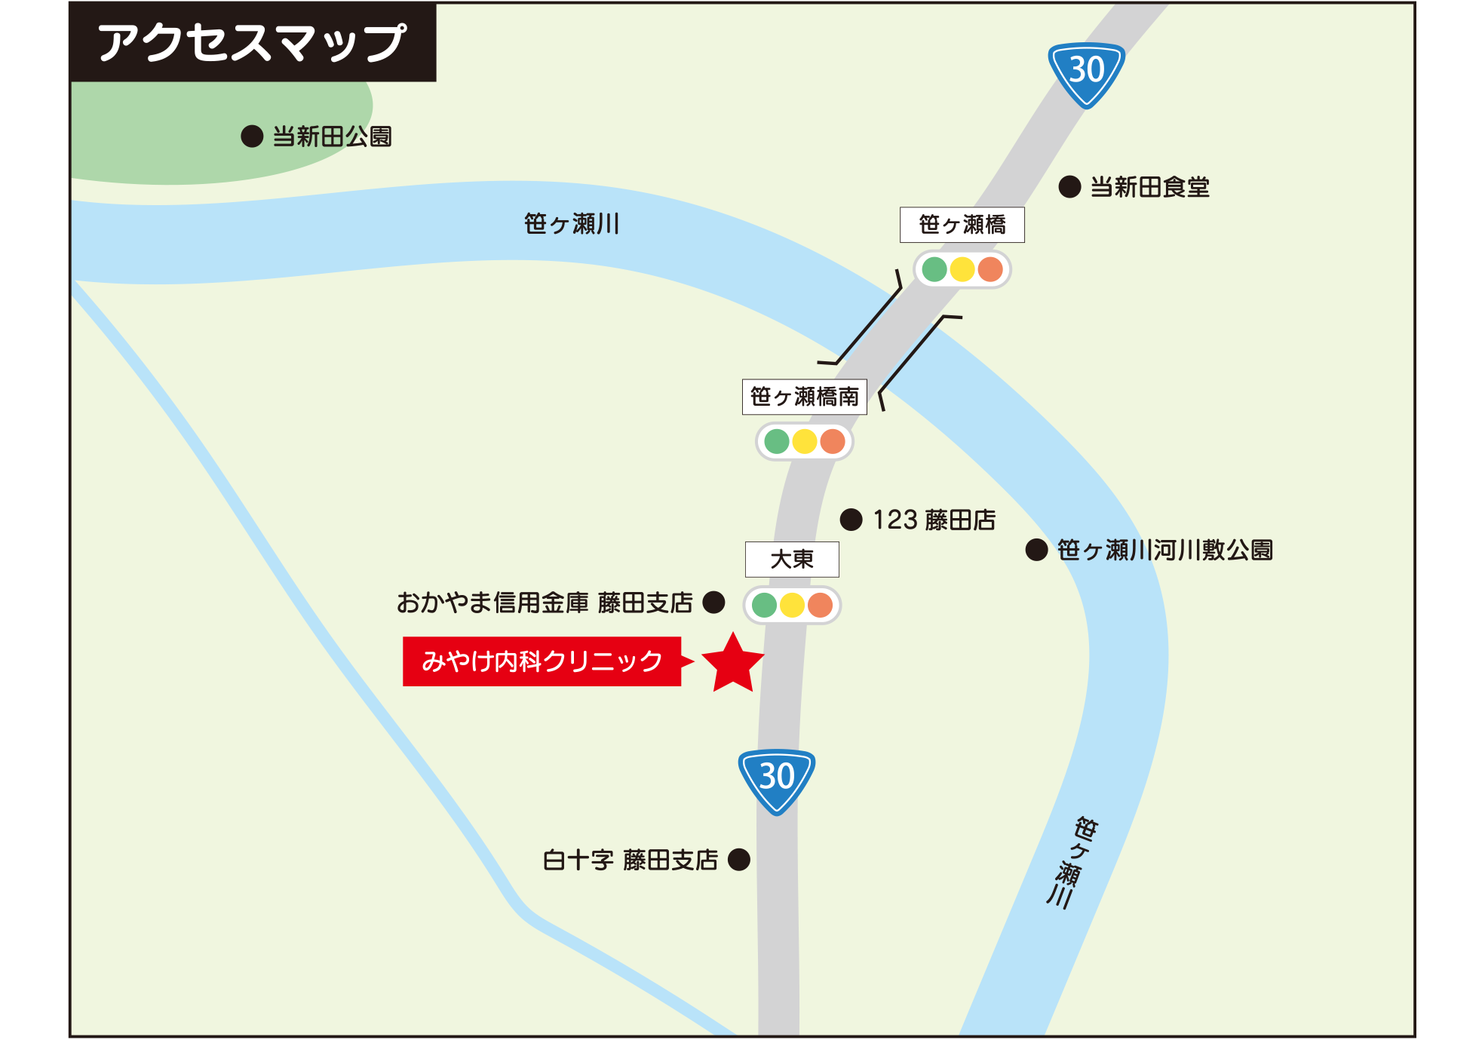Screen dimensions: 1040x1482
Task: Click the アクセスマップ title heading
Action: [x=252, y=42]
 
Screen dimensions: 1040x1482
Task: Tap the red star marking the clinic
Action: [x=732, y=664]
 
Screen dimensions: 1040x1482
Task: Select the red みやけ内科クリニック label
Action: [x=542, y=661]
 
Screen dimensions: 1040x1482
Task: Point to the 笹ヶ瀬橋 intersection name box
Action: [x=962, y=225]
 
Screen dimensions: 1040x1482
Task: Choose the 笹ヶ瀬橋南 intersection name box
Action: [x=804, y=397]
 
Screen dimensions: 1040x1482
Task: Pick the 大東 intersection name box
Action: [x=792, y=560]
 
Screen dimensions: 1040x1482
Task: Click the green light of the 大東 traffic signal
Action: [x=764, y=605]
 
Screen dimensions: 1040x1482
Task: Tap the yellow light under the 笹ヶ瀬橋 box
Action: [x=962, y=269]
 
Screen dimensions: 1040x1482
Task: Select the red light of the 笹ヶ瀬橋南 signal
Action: [x=833, y=441]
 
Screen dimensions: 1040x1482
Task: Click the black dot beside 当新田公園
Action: [x=252, y=137]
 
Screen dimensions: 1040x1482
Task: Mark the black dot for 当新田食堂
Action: [x=1069, y=187]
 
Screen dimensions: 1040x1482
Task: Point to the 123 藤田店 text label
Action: [x=934, y=520]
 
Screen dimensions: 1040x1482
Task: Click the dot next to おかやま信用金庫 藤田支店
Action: [x=713, y=602]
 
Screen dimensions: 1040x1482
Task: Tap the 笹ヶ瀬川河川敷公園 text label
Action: [x=1164, y=550]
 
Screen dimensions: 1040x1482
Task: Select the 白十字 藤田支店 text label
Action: [x=631, y=860]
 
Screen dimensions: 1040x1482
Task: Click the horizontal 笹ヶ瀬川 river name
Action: [x=572, y=224]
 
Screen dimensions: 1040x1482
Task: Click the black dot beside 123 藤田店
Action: [x=851, y=520]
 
